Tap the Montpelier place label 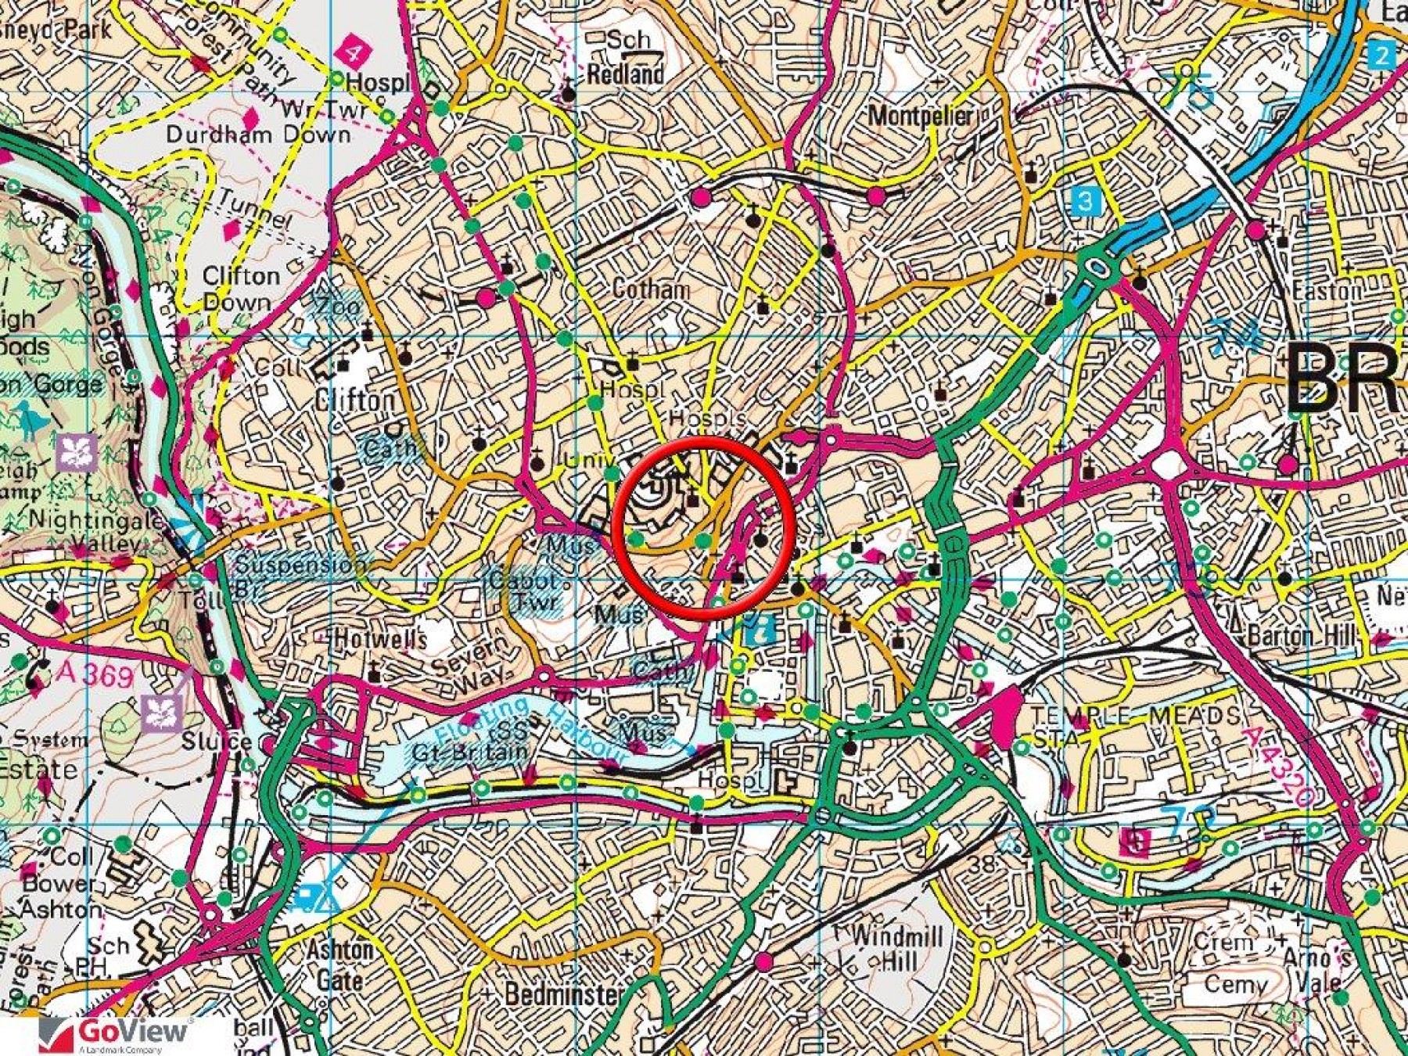pyautogui.click(x=921, y=116)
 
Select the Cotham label pyautogui.click(x=651, y=289)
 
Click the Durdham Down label pyautogui.click(x=258, y=135)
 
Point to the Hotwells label pyautogui.click(x=380, y=639)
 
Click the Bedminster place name pyautogui.click(x=564, y=994)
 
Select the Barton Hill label pyautogui.click(x=1302, y=635)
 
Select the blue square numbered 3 pyautogui.click(x=1085, y=201)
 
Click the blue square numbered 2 pyautogui.click(x=1382, y=55)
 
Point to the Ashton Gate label pyautogui.click(x=339, y=965)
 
